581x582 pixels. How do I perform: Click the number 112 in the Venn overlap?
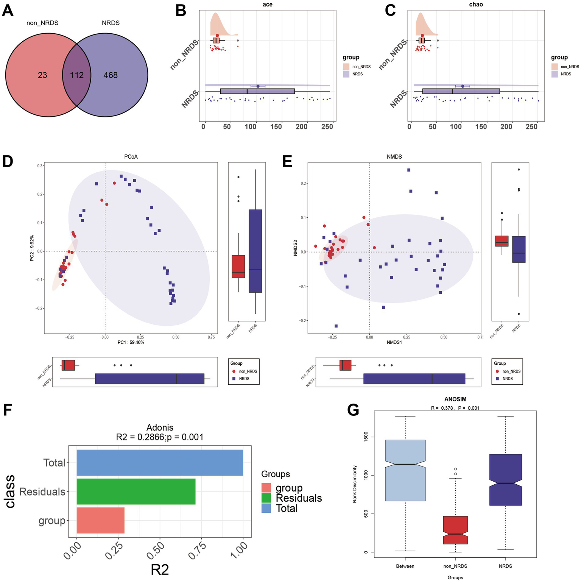pyautogui.click(x=76, y=75)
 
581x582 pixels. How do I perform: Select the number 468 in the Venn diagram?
pyautogui.click(x=111, y=75)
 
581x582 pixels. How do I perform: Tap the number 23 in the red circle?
pyautogui.click(x=42, y=75)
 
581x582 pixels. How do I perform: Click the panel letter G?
pyautogui.click(x=353, y=410)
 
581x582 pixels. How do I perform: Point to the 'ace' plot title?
pyautogui.click(x=267, y=5)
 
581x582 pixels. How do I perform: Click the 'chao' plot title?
pyautogui.click(x=476, y=5)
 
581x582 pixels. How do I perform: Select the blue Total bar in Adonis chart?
pyautogui.click(x=160, y=462)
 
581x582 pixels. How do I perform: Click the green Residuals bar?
pyautogui.click(x=136, y=491)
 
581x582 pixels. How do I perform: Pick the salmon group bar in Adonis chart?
pyautogui.click(x=100, y=520)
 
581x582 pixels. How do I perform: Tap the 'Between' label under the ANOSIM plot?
pyautogui.click(x=405, y=566)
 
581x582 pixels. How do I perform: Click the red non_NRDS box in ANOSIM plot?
pyautogui.click(x=455, y=530)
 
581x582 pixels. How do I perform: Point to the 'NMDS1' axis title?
pyautogui.click(x=394, y=342)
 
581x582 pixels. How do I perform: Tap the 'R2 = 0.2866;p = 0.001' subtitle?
pyautogui.click(x=160, y=437)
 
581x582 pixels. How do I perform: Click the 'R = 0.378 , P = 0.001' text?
pyautogui.click(x=455, y=408)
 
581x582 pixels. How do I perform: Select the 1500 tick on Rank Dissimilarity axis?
pyautogui.click(x=366, y=437)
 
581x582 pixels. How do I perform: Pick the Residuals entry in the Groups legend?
pyautogui.click(x=299, y=498)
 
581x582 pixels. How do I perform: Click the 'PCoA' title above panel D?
pyautogui.click(x=131, y=157)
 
